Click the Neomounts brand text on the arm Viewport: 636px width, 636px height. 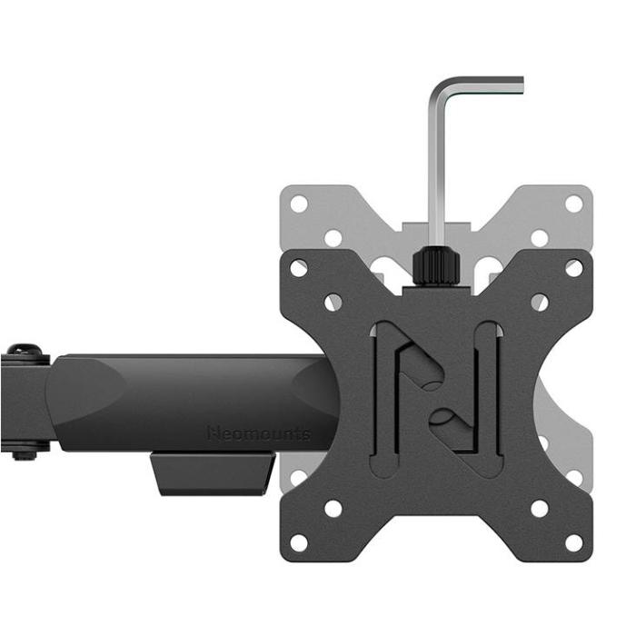(x=258, y=433)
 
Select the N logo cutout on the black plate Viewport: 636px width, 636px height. (x=436, y=398)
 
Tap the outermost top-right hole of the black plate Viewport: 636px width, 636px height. (x=574, y=268)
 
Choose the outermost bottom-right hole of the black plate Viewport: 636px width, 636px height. (x=574, y=542)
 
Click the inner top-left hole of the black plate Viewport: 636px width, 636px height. (x=333, y=303)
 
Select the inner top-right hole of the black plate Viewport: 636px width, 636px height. (x=540, y=303)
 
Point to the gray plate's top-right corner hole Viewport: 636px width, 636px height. (x=574, y=204)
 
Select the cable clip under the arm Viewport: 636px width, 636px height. (x=214, y=473)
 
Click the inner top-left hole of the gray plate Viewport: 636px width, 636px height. (x=333, y=238)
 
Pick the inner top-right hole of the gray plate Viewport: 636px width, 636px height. (x=540, y=238)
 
